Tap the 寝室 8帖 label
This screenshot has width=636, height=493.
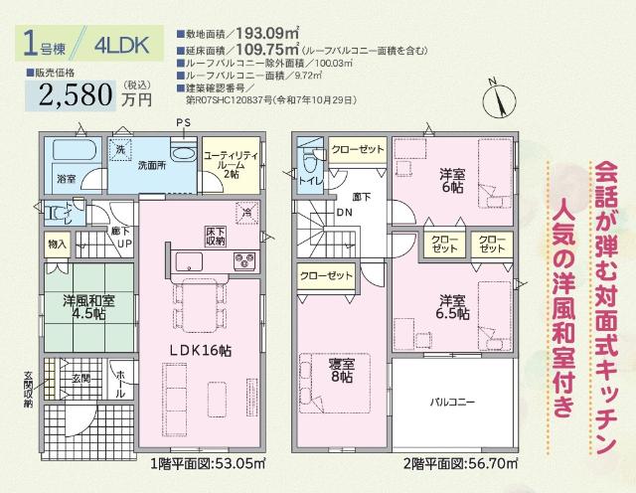click(x=341, y=369)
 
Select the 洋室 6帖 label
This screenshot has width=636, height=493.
click(x=452, y=180)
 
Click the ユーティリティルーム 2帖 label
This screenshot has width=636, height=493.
click(x=230, y=165)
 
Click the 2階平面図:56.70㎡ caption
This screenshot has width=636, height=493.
click(x=451, y=463)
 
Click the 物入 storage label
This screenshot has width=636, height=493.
click(x=57, y=244)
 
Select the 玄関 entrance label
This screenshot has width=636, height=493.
click(x=79, y=379)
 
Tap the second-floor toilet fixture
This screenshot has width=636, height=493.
click(x=308, y=160)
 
